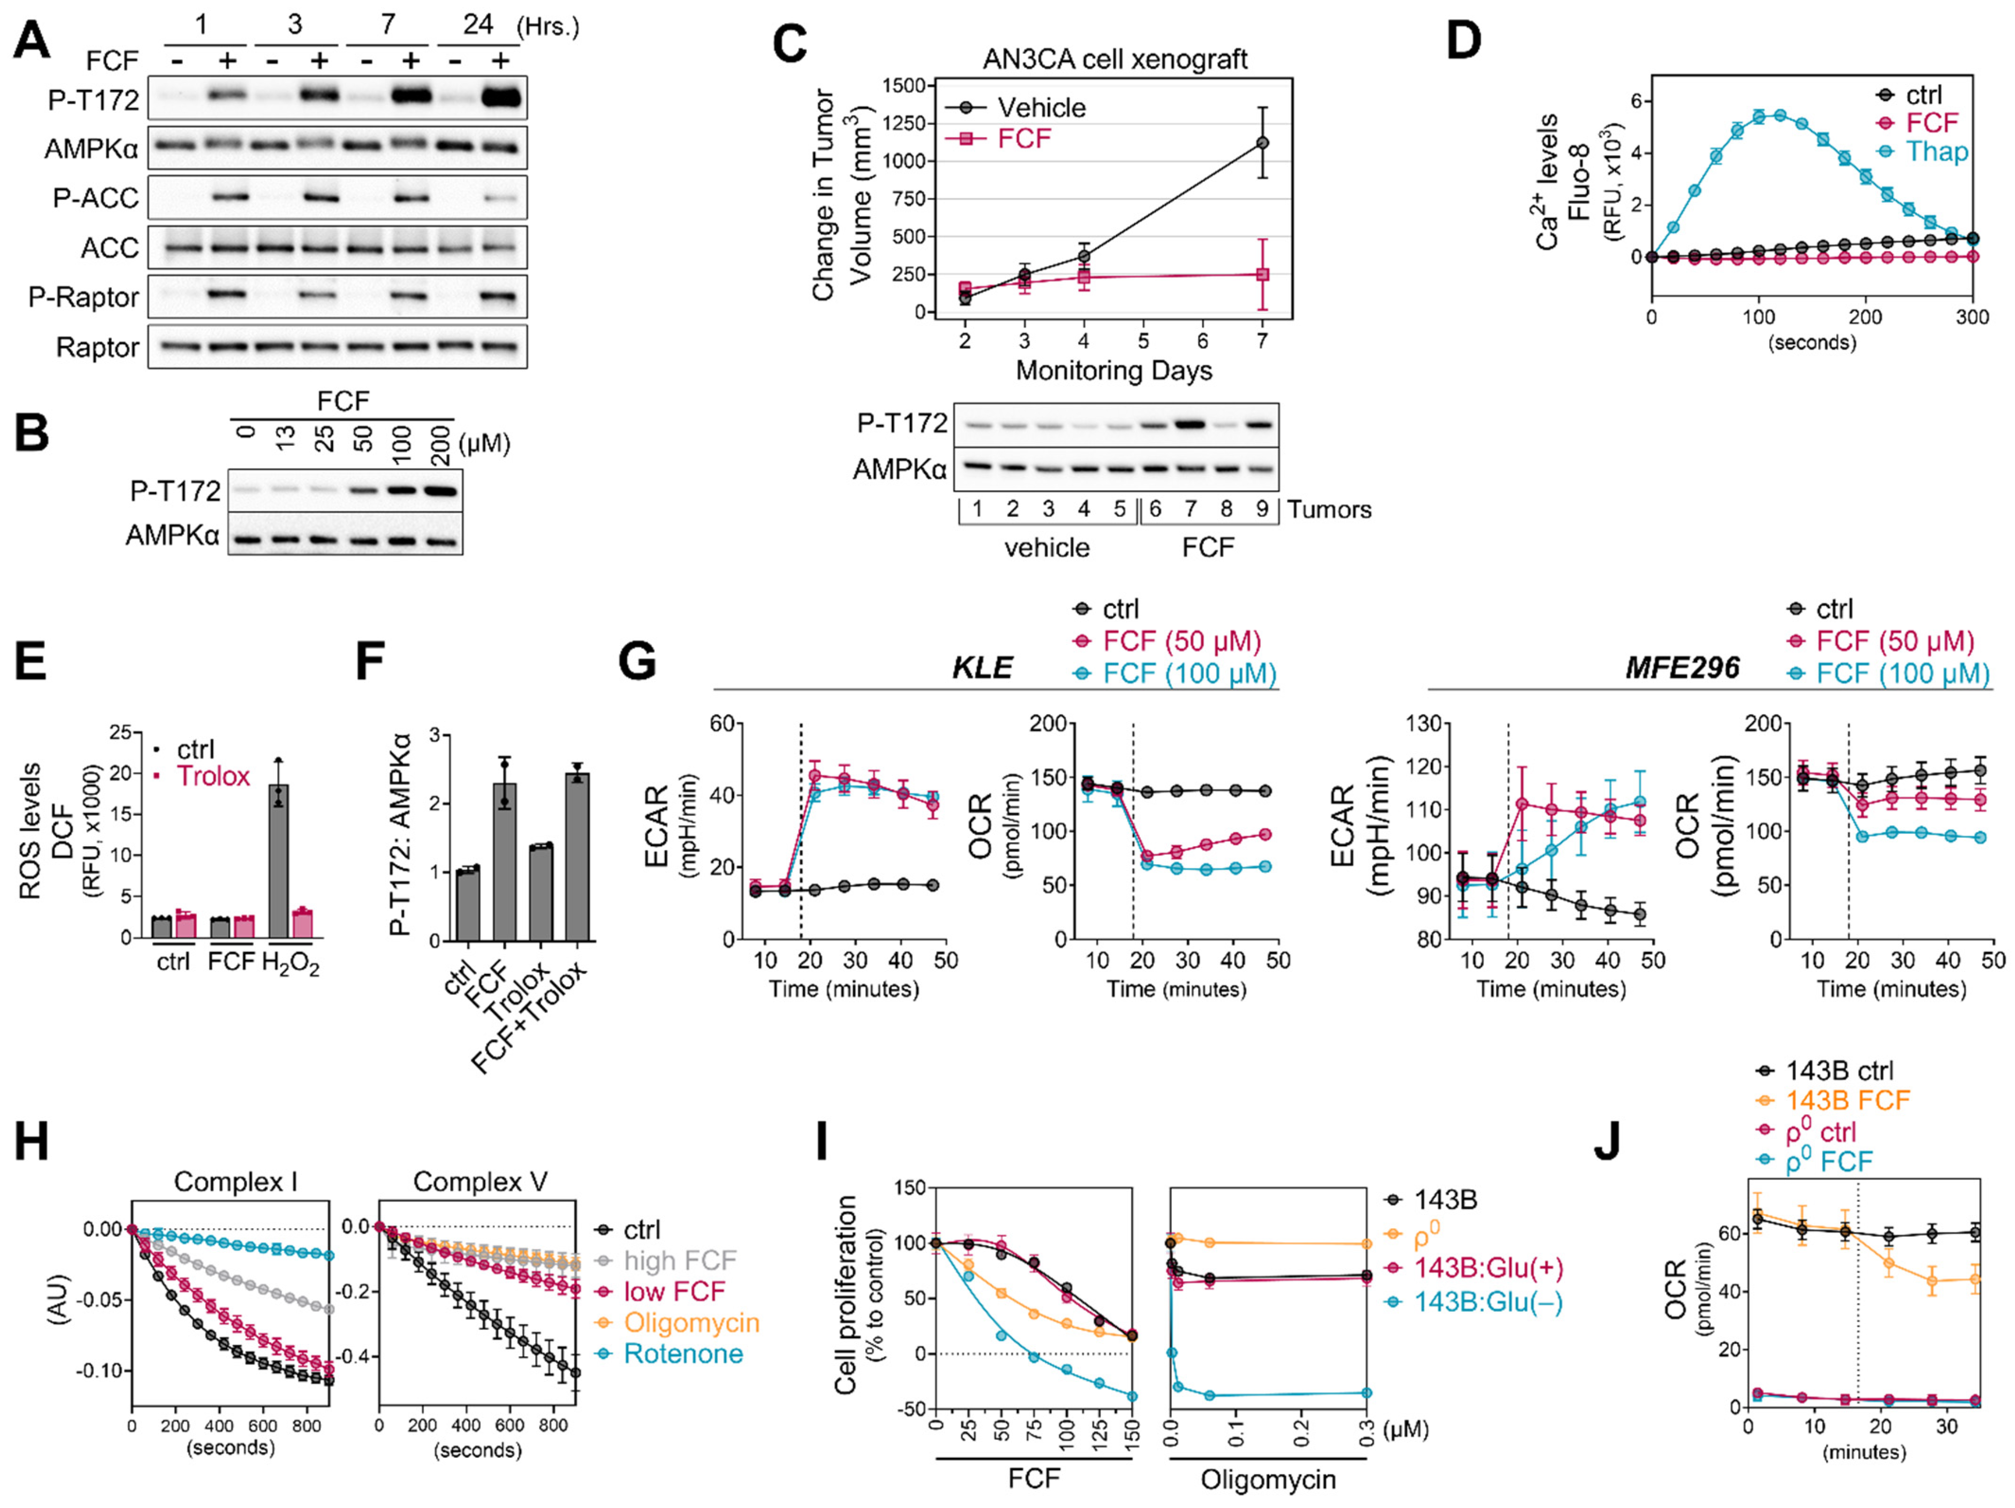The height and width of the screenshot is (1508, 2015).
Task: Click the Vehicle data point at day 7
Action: pos(1262,143)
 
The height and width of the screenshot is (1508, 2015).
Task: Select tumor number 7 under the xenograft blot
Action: pos(1190,509)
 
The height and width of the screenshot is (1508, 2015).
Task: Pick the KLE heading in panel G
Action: pos(982,667)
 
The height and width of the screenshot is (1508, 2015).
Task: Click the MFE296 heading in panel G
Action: pos(1682,667)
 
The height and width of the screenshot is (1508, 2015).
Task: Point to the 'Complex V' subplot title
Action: pos(480,1182)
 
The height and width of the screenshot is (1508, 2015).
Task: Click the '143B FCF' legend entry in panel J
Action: pos(1847,1101)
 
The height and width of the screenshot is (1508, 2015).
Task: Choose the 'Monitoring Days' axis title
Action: pos(1113,371)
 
